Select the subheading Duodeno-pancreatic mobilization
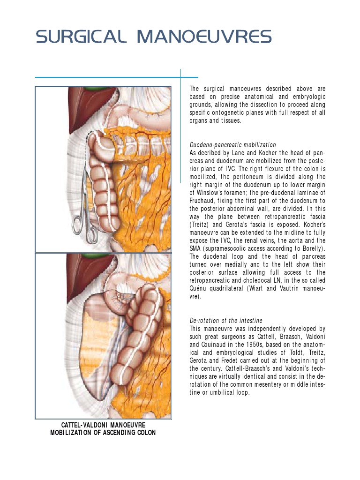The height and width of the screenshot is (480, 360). pyautogui.click(x=232, y=145)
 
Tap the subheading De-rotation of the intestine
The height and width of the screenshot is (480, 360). pyautogui.click(x=225, y=321)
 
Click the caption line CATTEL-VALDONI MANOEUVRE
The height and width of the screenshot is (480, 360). pyautogui.click(x=103, y=425)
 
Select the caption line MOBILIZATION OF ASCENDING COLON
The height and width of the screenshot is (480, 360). pyautogui.click(x=103, y=433)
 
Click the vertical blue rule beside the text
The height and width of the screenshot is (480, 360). pyautogui.click(x=180, y=127)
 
